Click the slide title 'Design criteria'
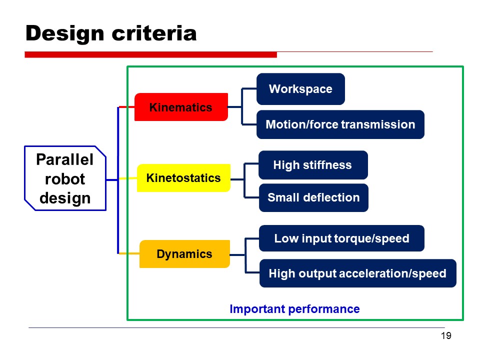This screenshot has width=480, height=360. click(111, 33)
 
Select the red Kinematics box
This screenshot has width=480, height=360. click(181, 107)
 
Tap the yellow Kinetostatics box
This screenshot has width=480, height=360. click(183, 177)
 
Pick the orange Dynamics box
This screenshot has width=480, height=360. click(184, 254)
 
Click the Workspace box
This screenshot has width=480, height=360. click(300, 89)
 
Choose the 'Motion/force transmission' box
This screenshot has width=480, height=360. click(340, 124)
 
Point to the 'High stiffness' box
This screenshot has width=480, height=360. click(312, 165)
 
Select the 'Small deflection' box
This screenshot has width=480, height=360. click(313, 197)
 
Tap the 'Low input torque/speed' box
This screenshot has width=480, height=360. click(341, 238)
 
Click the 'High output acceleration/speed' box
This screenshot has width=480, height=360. click(357, 273)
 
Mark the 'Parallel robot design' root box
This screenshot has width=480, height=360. click(65, 178)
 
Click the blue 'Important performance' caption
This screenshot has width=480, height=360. click(294, 309)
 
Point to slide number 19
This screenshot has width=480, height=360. click(446, 335)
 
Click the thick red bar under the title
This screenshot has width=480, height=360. click(150, 54)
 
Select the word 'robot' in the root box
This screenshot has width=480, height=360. click(65, 179)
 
